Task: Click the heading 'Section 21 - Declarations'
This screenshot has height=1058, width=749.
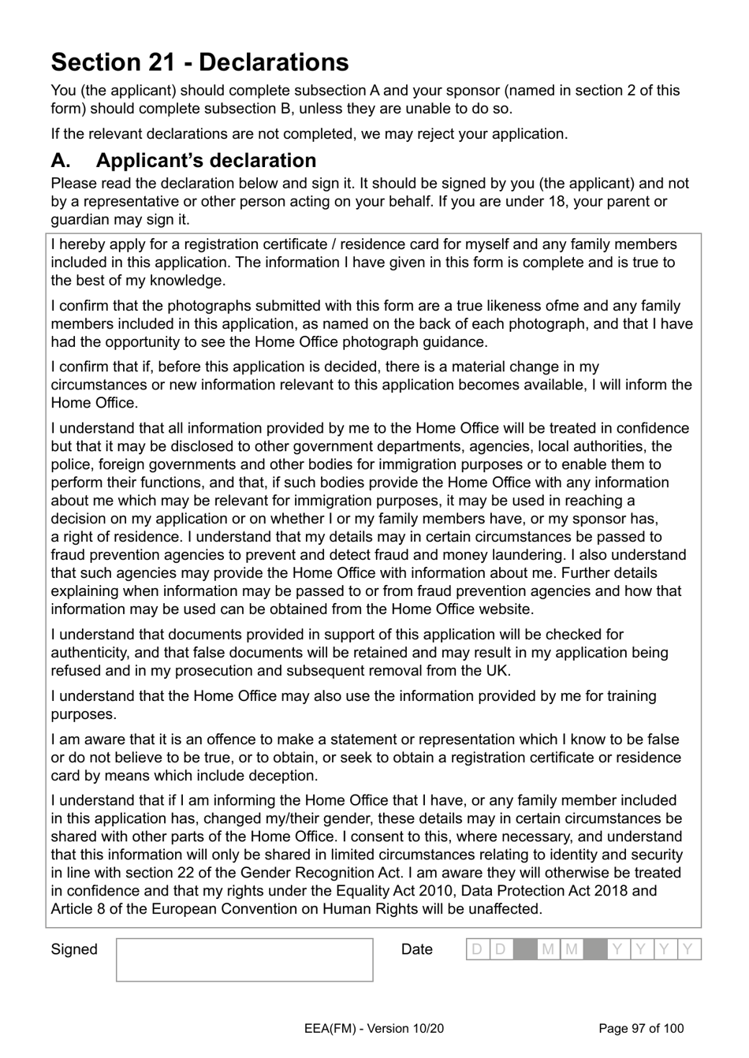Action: tap(199, 62)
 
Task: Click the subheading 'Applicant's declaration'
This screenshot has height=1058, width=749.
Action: tap(206, 160)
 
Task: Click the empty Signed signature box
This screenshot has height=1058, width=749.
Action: tap(244, 959)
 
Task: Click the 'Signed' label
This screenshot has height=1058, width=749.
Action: tap(74, 949)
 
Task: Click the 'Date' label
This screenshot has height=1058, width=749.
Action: tap(416, 949)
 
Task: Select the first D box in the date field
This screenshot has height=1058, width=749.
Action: tap(477, 949)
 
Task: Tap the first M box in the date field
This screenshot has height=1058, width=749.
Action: tap(548, 949)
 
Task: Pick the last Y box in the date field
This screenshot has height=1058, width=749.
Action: tap(688, 949)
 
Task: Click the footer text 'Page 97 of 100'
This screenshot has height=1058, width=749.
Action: tap(641, 1028)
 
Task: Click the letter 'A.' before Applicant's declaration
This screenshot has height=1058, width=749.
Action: tap(61, 160)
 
